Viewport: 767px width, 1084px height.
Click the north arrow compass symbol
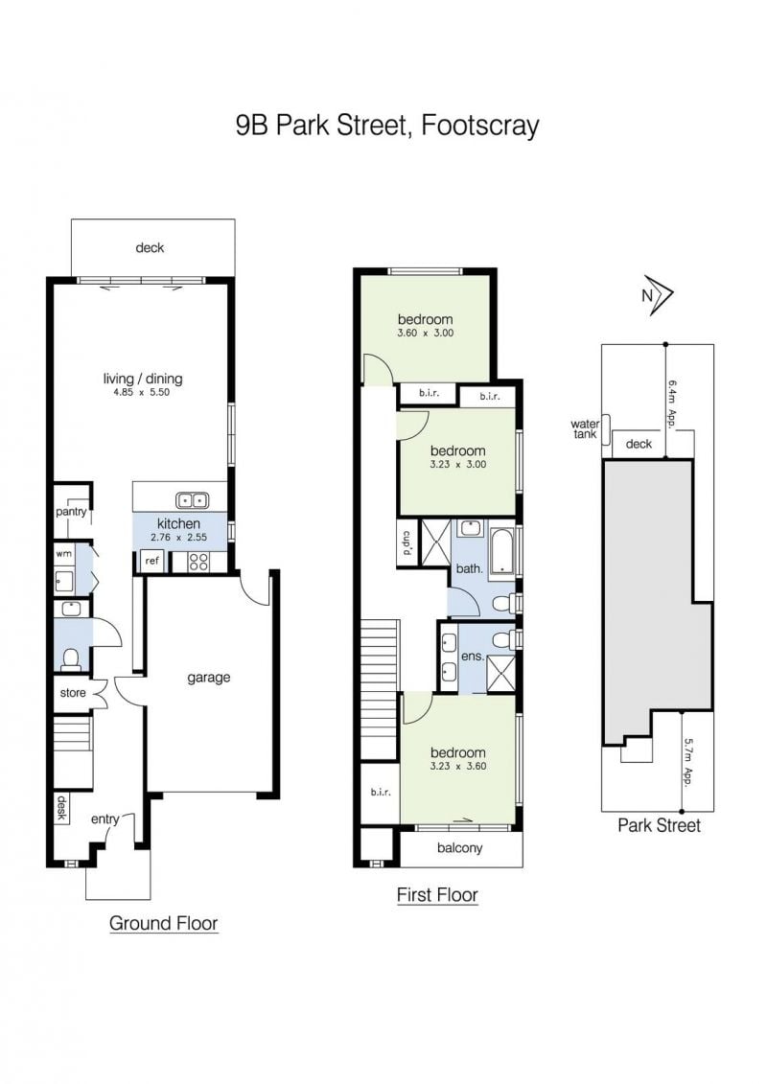[x=658, y=295]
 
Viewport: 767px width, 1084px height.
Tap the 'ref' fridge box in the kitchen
[x=151, y=561]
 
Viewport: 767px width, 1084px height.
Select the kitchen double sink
[x=193, y=499]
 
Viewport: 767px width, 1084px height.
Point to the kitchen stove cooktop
[x=198, y=562]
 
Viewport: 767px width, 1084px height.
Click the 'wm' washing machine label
[x=63, y=554]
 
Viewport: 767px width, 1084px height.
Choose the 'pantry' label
[x=71, y=512]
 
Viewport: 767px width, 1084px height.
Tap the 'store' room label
[x=73, y=693]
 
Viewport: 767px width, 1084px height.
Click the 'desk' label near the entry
[x=61, y=807]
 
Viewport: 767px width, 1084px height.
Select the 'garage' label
[x=208, y=679]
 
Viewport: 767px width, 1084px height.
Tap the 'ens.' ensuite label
[x=473, y=657]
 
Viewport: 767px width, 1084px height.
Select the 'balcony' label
[x=460, y=847]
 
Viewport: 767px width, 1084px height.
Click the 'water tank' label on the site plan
[x=585, y=429]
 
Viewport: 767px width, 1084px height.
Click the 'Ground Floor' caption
[x=163, y=923]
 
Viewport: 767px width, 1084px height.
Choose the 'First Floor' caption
[x=437, y=894]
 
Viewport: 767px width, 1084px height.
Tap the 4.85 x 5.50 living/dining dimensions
[x=141, y=392]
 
